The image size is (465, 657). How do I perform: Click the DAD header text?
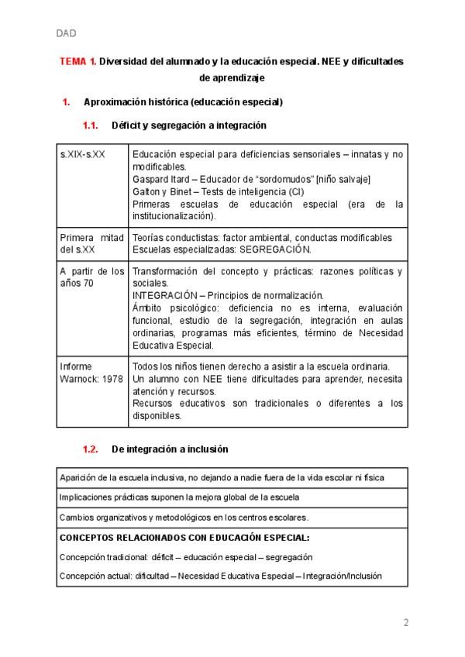[66, 33]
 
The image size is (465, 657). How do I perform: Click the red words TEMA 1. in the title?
[78, 61]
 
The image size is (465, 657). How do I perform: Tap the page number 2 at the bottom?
[405, 622]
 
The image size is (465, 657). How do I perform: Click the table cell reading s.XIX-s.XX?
[82, 155]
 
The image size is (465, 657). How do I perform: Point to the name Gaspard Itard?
[160, 180]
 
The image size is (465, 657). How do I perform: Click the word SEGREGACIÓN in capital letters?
[274, 249]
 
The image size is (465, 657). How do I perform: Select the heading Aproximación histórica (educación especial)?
[183, 102]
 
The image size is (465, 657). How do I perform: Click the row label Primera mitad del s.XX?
[91, 243]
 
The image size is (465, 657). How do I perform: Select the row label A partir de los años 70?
[91, 277]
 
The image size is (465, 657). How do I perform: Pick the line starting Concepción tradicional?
[185, 557]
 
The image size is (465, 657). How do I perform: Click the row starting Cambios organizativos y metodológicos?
[183, 517]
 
